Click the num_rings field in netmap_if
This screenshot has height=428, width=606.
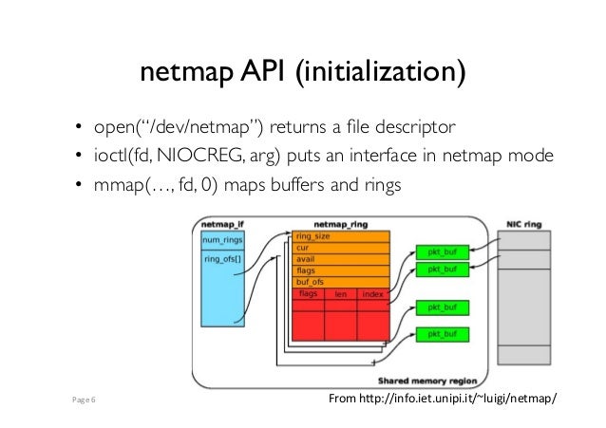(x=220, y=239)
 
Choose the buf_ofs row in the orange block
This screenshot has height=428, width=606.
(x=312, y=282)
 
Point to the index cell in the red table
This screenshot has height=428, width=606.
(x=372, y=293)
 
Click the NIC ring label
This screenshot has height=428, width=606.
(x=524, y=225)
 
